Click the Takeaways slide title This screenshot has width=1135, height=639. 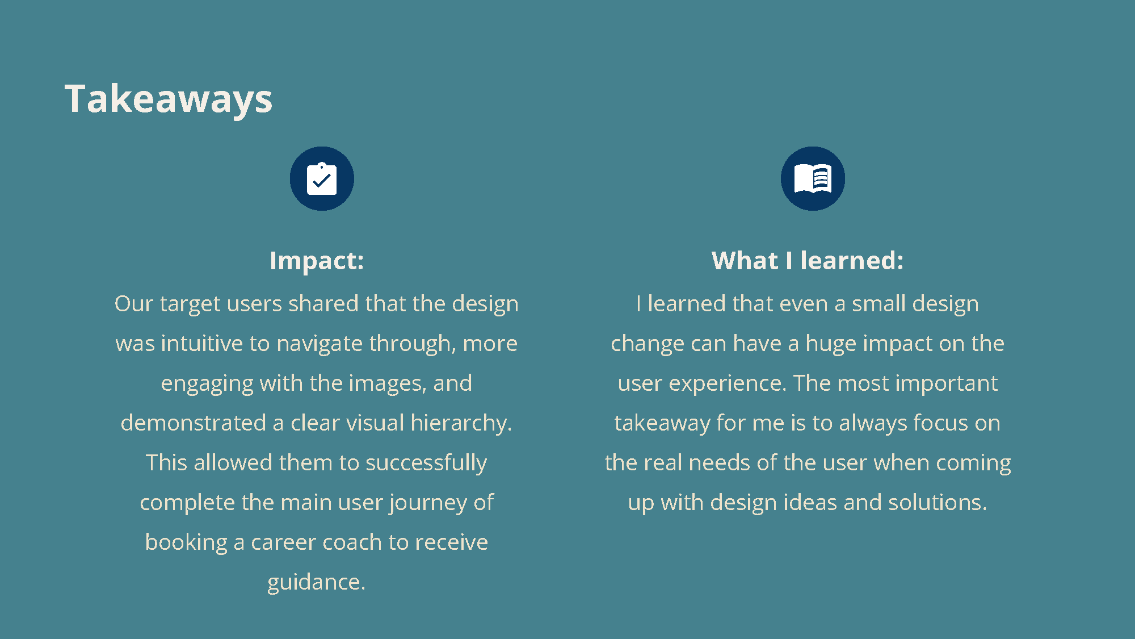click(169, 99)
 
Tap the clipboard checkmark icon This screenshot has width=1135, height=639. click(322, 179)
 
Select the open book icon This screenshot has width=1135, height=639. click(813, 179)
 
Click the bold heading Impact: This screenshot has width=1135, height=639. click(317, 261)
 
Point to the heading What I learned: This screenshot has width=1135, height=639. click(808, 261)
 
